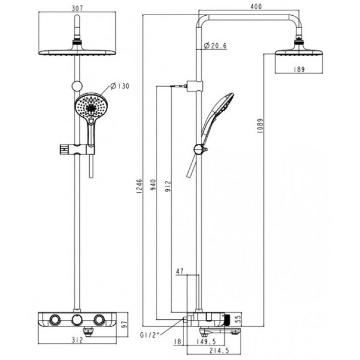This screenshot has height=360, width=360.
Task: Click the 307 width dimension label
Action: point(77,8)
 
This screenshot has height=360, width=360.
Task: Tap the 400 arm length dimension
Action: point(256,6)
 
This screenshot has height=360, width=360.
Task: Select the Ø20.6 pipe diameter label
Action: point(215,46)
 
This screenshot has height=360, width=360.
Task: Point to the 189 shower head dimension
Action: point(299,69)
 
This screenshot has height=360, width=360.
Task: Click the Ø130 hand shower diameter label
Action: point(120,86)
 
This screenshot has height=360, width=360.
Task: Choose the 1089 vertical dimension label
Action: point(260,126)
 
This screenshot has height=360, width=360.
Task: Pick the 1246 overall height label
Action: point(139,186)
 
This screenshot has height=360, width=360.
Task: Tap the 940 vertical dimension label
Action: point(153,185)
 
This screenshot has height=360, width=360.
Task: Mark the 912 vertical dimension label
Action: point(168,186)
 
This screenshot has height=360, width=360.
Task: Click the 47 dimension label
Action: point(180,271)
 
